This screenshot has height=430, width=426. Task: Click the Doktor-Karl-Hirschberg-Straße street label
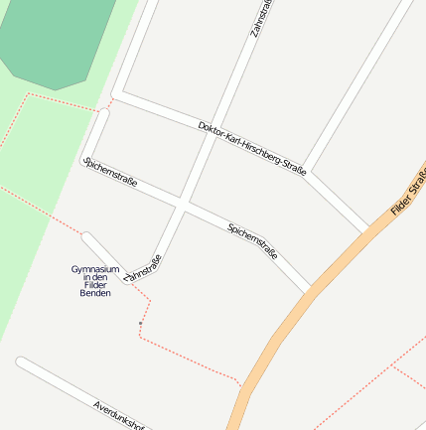coord(252,149)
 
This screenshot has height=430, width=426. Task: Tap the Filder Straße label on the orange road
coord(409,194)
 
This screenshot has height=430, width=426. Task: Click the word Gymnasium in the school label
coord(95,269)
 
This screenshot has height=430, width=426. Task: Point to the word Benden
coord(95,293)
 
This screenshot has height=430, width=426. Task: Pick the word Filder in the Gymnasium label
coord(95,285)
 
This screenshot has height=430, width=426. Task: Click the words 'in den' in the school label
coord(95,277)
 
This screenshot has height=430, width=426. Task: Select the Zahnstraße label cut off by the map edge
coord(261,18)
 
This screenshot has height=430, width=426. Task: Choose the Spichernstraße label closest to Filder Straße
coord(252,241)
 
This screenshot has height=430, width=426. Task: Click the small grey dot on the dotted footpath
coord(140,324)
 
